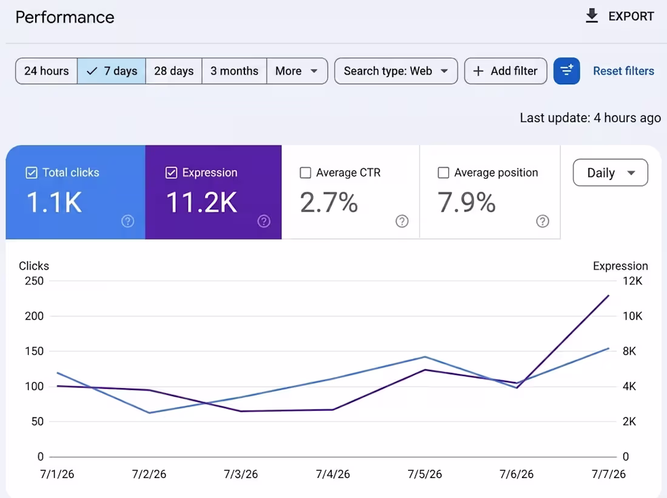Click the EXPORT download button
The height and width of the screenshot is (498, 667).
click(x=620, y=16)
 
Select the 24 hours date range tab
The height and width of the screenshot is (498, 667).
click(x=46, y=70)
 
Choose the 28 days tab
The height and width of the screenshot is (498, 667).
click(x=173, y=70)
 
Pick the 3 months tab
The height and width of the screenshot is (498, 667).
click(x=235, y=70)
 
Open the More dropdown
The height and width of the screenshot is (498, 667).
click(x=297, y=70)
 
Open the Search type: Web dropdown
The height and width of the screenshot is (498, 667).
click(x=396, y=70)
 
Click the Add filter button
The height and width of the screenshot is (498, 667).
click(x=505, y=70)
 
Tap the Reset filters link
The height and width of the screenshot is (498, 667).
click(x=623, y=70)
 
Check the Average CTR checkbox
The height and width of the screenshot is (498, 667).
click(x=306, y=172)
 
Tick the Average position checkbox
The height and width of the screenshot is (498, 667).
click(x=443, y=172)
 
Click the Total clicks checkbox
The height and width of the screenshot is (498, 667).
click(x=32, y=172)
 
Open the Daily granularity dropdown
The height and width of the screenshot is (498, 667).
click(x=611, y=172)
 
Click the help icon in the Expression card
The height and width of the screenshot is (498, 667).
click(x=264, y=221)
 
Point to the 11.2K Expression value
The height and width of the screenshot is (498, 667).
click(x=202, y=202)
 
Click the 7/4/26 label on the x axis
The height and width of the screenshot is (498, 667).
click(x=333, y=474)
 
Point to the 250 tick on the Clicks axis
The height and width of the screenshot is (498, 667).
click(x=34, y=281)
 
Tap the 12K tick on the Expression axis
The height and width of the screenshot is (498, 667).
click(x=632, y=281)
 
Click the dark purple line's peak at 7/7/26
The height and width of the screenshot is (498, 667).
click(x=609, y=295)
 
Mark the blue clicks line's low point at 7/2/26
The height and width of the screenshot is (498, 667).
click(x=149, y=412)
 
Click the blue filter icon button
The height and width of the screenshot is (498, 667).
click(x=566, y=70)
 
